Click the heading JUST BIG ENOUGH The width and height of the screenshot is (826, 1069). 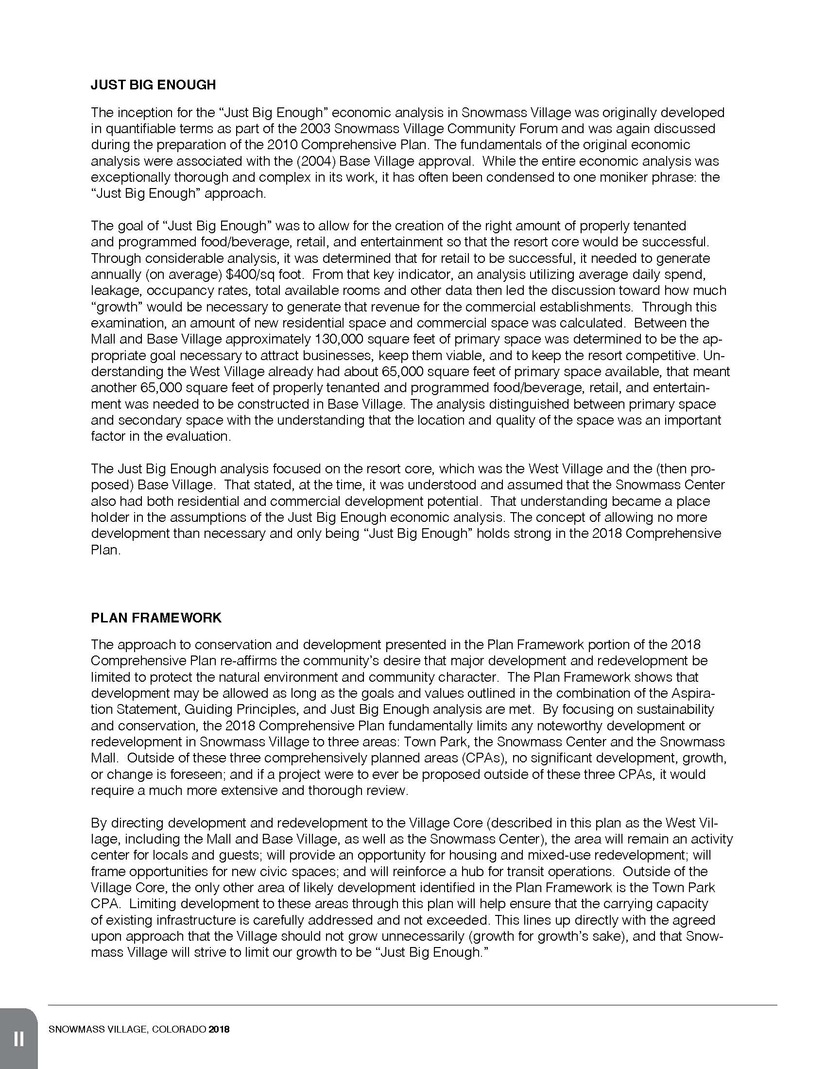[x=153, y=85]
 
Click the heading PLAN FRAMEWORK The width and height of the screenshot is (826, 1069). [x=156, y=618]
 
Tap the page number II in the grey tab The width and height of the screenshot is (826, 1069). [x=18, y=1039]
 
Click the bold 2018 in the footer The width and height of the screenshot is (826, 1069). [x=219, y=1029]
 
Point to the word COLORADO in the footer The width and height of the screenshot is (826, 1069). [x=179, y=1029]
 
